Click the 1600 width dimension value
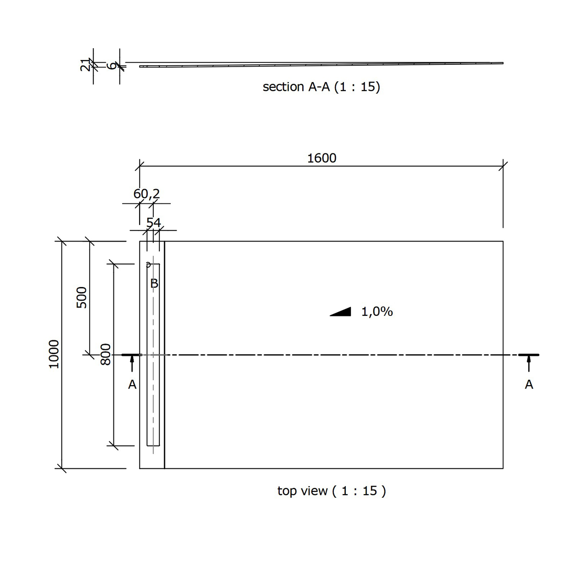322,158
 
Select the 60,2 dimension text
146,194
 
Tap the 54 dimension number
153,223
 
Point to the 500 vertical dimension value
82,297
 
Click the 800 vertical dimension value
106,355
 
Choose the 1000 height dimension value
54,354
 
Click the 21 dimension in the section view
85,65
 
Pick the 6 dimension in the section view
111,66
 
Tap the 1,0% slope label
377,312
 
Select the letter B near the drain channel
154,283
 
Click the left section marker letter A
132,384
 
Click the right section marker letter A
529,384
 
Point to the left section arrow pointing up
132,363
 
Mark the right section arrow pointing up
529,363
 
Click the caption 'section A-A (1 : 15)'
321,87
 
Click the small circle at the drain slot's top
148,264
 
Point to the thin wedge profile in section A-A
321,65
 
